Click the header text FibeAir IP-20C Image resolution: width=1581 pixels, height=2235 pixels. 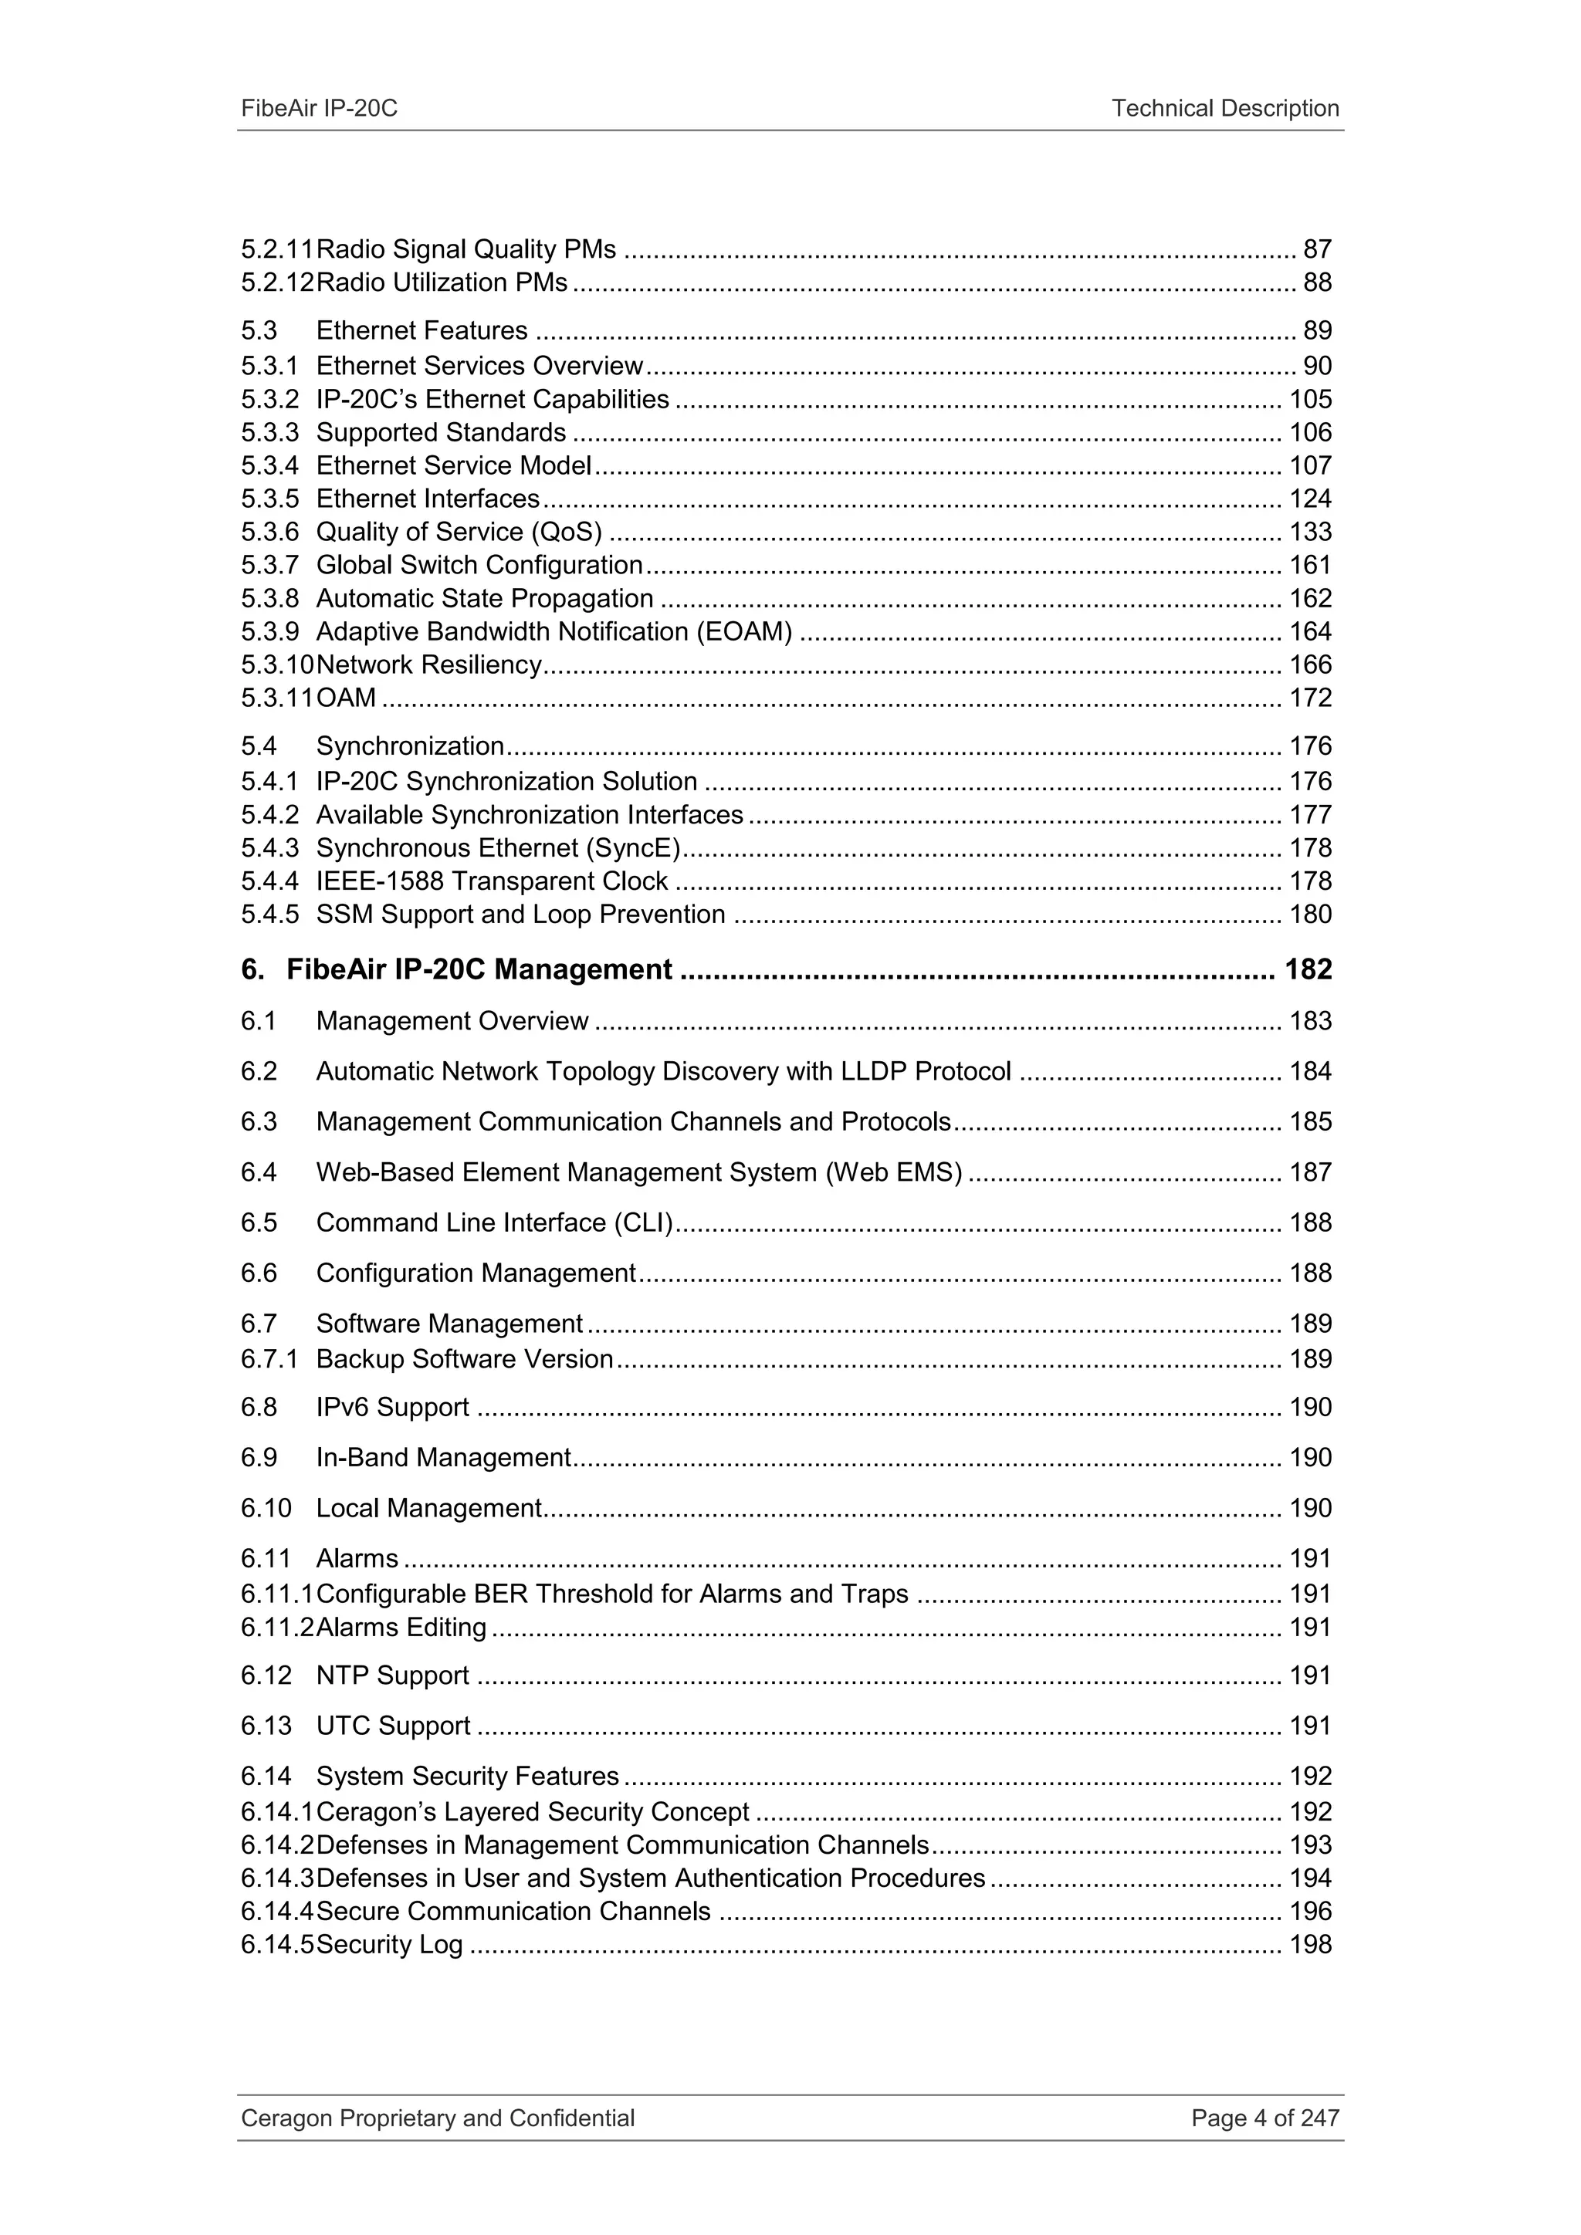click(x=320, y=108)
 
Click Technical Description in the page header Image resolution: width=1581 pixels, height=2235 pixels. click(x=1224, y=108)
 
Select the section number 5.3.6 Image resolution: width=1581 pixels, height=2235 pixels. click(x=269, y=532)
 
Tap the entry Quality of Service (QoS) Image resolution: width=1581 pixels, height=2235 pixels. click(x=459, y=532)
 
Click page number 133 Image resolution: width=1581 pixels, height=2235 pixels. click(x=1309, y=532)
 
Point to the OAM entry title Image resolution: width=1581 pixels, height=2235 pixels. click(x=346, y=698)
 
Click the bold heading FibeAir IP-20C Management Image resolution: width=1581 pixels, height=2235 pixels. click(x=479, y=969)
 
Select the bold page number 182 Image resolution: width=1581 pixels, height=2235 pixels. click(x=1308, y=969)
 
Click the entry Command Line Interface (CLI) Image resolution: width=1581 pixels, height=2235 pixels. click(x=495, y=1222)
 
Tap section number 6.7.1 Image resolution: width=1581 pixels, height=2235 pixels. click(x=269, y=1359)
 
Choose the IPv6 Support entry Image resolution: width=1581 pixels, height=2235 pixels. click(x=392, y=1408)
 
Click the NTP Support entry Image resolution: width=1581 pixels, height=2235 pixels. click(x=392, y=1675)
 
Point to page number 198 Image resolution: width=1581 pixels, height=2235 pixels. click(x=1309, y=1944)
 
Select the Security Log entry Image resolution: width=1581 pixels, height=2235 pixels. click(x=389, y=1944)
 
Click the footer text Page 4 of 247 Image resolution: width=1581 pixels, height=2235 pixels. click(x=1264, y=2118)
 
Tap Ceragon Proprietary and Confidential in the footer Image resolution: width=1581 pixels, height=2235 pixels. click(x=437, y=2118)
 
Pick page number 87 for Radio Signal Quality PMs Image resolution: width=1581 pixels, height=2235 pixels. click(x=1316, y=249)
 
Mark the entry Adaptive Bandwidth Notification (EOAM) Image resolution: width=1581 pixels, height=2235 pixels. click(x=554, y=632)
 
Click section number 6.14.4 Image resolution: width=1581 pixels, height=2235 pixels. click(x=276, y=1911)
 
